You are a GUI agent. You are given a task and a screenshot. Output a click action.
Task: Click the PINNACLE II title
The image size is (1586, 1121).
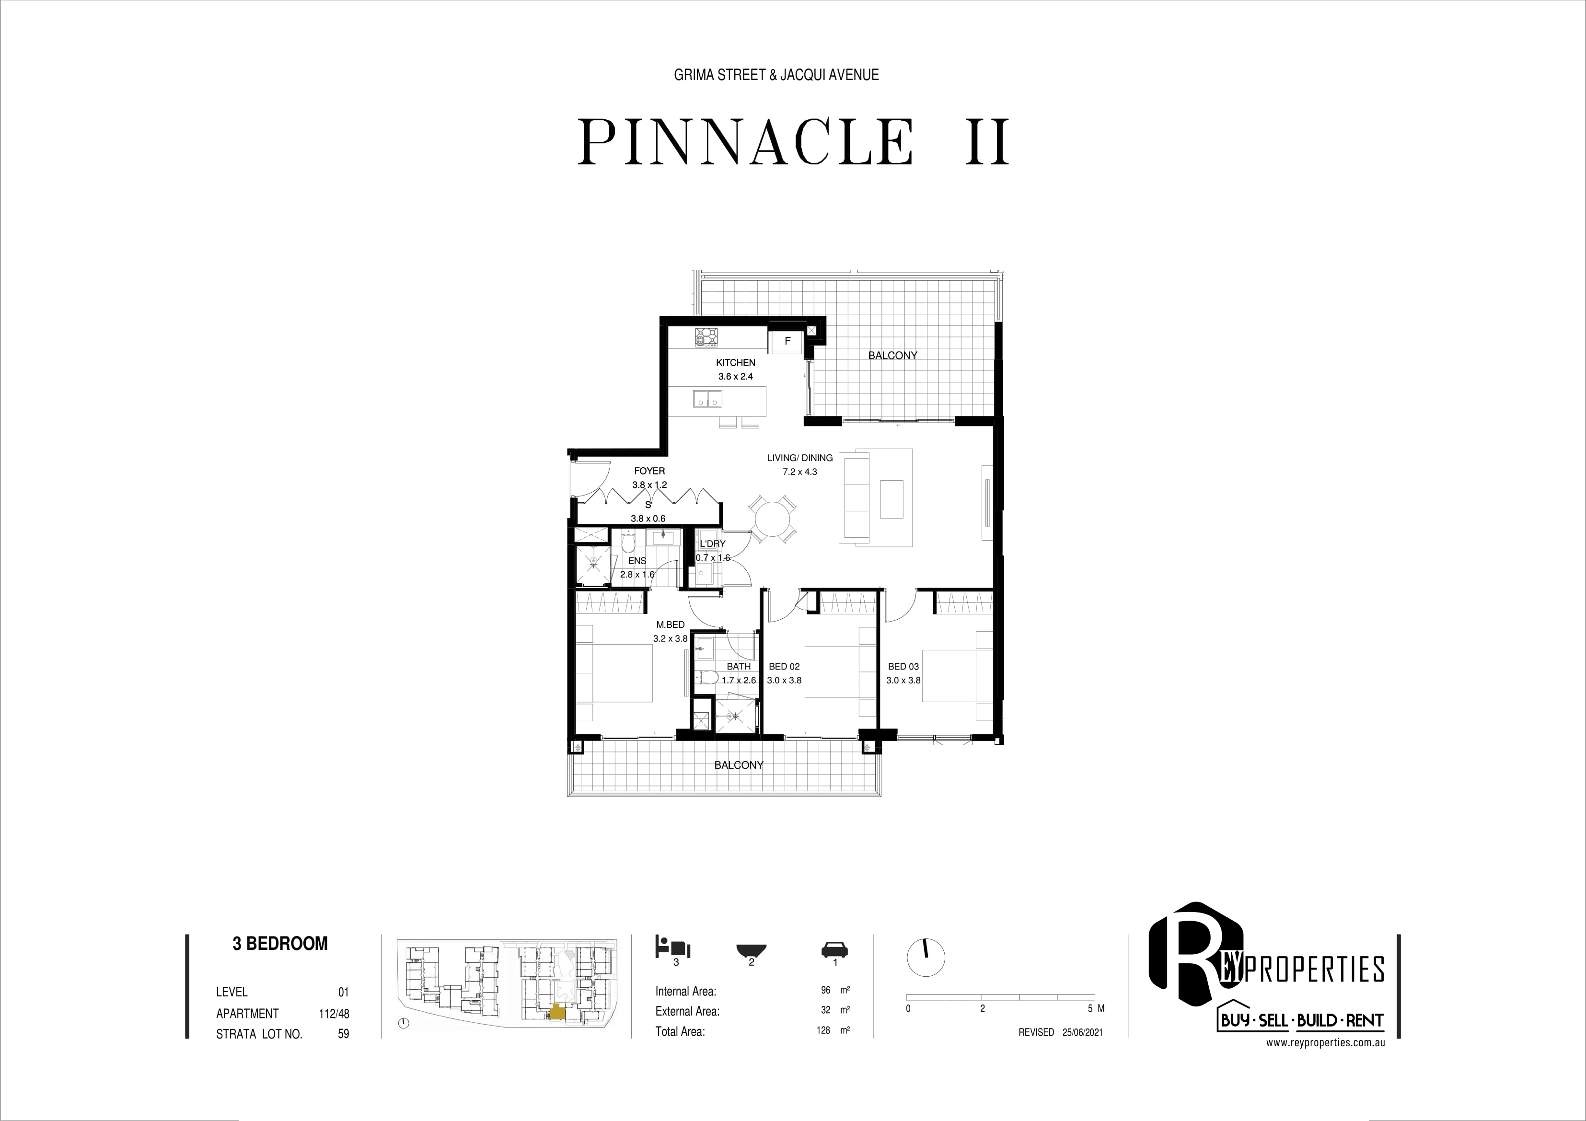[x=794, y=142]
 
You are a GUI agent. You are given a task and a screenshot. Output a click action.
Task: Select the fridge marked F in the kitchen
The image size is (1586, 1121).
[x=787, y=341]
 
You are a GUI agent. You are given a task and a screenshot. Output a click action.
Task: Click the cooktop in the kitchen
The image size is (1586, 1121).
[x=708, y=338]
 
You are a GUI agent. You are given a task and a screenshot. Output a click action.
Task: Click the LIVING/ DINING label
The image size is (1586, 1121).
[x=799, y=458]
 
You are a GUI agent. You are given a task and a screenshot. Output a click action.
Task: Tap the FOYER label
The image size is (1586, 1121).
[x=649, y=471]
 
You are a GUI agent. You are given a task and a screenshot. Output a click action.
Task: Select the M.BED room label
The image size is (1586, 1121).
[x=670, y=625]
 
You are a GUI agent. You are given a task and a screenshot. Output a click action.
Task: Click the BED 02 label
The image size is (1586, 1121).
[x=784, y=667]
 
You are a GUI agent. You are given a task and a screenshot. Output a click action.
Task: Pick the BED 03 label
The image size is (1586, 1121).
[x=903, y=667]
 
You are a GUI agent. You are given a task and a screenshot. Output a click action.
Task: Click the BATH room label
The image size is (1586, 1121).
[x=739, y=667]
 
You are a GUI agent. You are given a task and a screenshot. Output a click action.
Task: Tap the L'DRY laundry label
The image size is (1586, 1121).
[x=712, y=543]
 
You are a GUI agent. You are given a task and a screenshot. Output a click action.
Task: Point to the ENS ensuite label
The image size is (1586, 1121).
[x=637, y=561]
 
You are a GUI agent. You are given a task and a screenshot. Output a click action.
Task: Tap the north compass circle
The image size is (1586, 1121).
[x=925, y=957]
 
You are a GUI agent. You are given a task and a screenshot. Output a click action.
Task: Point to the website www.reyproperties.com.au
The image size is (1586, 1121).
[x=1325, y=1044]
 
